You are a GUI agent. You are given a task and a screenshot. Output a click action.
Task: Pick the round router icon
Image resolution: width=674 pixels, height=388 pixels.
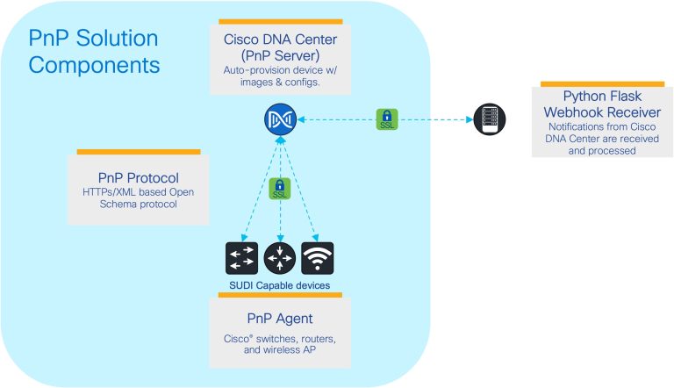pos(279,259)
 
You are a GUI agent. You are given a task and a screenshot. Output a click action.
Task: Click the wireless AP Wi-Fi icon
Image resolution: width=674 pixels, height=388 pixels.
pos(317,259)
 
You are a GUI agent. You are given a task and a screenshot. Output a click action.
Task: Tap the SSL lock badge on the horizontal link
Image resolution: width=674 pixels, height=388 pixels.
pos(387,119)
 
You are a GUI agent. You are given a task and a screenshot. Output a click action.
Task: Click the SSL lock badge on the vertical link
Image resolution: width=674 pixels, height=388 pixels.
pos(279,188)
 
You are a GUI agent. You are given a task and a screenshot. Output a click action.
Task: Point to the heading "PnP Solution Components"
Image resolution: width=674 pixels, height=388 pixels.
pos(94,52)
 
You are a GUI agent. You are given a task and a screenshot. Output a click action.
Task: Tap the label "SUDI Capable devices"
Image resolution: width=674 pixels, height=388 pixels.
pos(279,286)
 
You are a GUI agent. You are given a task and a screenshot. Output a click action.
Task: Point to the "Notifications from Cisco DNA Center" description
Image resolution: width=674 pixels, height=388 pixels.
pos(600,138)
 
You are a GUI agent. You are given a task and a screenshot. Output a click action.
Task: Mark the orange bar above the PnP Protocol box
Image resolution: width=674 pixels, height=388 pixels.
pos(139,152)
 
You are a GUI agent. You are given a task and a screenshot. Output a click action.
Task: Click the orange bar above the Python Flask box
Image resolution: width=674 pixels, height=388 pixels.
pos(600,83)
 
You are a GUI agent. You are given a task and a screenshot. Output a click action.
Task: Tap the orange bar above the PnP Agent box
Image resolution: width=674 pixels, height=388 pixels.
pos(279,295)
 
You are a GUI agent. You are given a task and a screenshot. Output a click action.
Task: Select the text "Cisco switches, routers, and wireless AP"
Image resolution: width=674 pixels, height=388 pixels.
pos(279,344)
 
